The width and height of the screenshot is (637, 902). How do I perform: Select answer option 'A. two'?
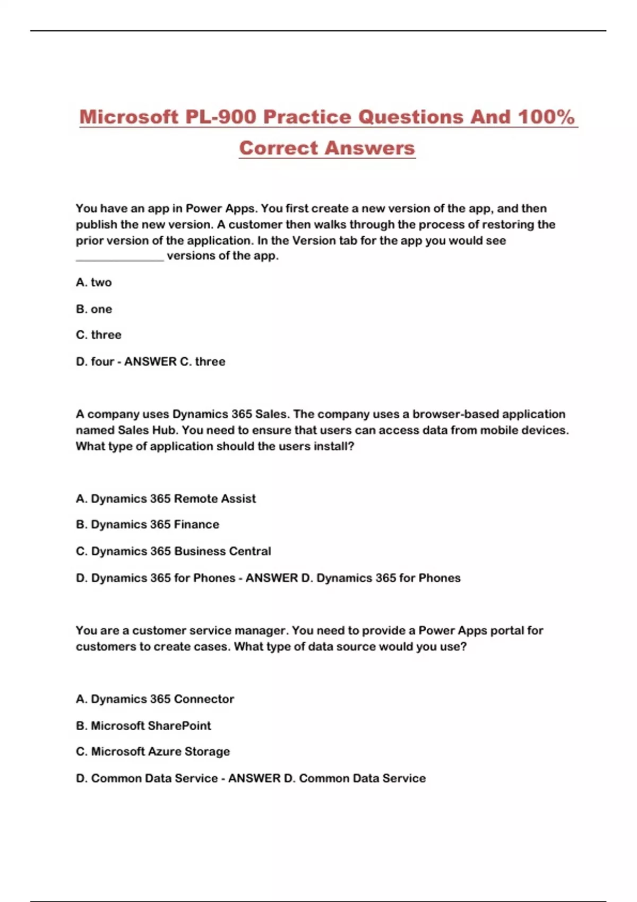(94, 282)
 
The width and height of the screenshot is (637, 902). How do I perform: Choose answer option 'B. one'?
(94, 309)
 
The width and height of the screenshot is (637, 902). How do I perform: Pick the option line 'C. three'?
(99, 335)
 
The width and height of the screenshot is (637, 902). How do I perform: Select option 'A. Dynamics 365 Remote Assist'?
(166, 499)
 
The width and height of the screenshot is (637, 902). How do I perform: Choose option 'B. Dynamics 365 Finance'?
(148, 524)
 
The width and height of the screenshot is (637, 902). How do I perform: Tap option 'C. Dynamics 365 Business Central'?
(174, 551)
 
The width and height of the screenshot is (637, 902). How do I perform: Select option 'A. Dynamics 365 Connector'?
(155, 699)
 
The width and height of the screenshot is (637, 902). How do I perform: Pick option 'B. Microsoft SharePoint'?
(143, 725)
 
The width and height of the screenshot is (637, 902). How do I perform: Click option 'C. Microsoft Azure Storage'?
(153, 751)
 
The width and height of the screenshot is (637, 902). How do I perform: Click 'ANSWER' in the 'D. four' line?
(150, 361)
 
